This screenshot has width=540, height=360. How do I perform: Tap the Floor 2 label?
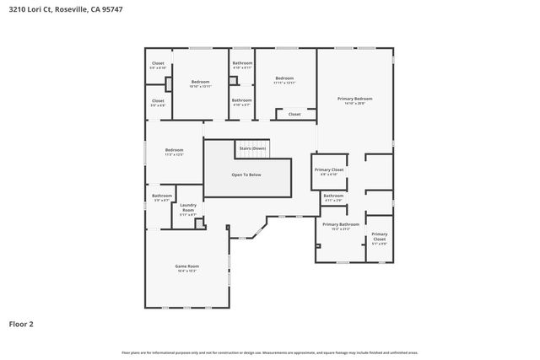pyautogui.click(x=21, y=323)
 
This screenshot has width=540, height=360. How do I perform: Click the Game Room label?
pyautogui.click(x=186, y=267)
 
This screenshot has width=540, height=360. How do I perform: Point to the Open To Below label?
pyautogui.click(x=246, y=175)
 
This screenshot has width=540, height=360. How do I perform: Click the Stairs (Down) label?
pyautogui.click(x=251, y=148)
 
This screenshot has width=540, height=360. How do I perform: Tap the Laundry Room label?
pyautogui.click(x=187, y=210)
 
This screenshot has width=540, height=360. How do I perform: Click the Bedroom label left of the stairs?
pyautogui.click(x=174, y=152)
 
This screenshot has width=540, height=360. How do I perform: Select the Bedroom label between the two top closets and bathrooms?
pyautogui.click(x=200, y=83)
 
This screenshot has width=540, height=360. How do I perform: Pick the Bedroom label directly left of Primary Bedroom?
pyautogui.click(x=284, y=80)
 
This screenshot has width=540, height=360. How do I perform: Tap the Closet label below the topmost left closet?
pyautogui.click(x=158, y=102)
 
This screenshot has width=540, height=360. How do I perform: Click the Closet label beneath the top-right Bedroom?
pyautogui.click(x=294, y=114)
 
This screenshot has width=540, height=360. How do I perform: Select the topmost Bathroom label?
pyautogui.click(x=242, y=65)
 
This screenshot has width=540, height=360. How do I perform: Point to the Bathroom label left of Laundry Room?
pyautogui.click(x=162, y=197)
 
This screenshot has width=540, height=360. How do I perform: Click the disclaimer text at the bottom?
pyautogui.click(x=269, y=352)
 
